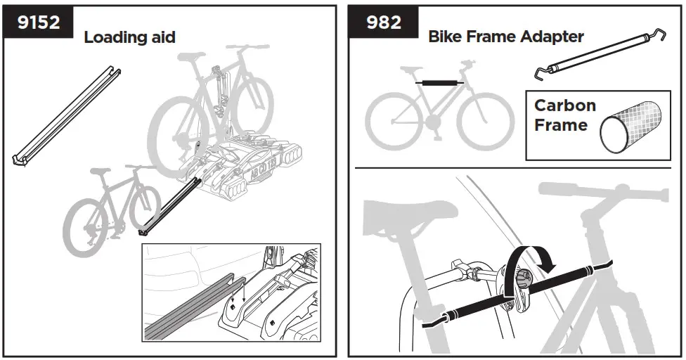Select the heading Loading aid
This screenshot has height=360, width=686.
(x=129, y=37)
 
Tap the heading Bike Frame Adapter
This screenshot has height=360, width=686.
(x=506, y=37)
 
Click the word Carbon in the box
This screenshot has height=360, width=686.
(x=565, y=106)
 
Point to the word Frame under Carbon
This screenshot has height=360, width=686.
(x=561, y=126)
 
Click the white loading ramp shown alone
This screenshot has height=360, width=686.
(x=67, y=116)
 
